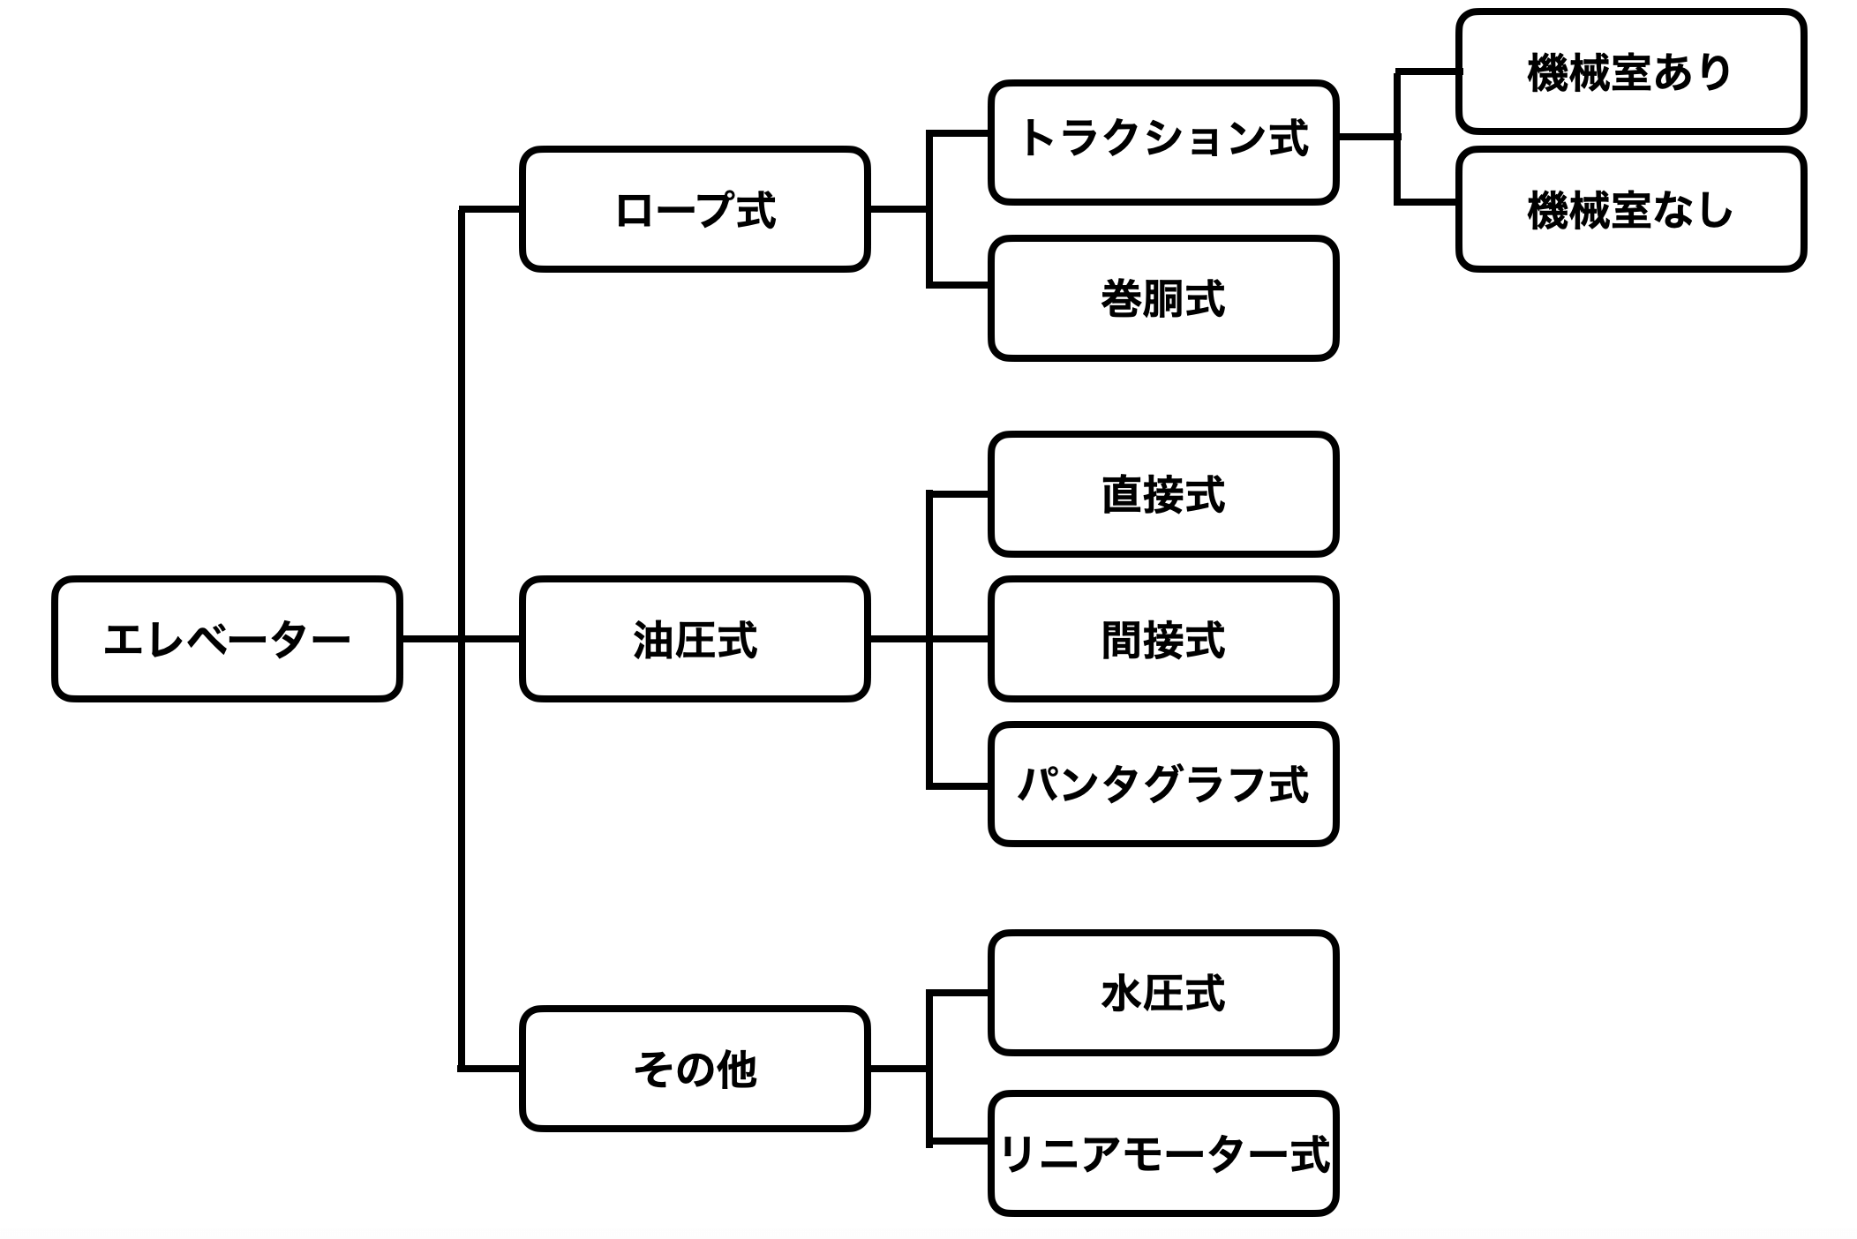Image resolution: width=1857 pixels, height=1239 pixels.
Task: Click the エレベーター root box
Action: point(227,639)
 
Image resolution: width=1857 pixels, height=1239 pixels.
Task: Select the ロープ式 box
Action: point(695,209)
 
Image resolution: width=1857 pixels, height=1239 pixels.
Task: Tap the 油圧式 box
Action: point(695,639)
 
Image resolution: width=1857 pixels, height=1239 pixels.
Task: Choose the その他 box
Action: point(695,1069)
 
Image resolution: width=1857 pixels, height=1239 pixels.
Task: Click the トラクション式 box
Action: point(1162,142)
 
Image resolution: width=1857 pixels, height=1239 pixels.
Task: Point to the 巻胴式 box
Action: point(1162,298)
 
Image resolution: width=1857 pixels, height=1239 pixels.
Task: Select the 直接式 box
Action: point(1162,494)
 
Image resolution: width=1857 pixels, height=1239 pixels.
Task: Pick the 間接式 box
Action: point(1162,639)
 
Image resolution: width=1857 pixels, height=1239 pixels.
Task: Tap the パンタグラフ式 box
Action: point(1162,785)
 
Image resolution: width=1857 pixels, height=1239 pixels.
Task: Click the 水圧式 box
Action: point(1162,993)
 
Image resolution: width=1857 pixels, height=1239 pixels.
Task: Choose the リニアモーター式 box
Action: point(1162,1153)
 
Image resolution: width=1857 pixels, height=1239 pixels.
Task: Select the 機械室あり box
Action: point(1630,71)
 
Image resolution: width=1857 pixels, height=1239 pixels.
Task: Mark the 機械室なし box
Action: point(1630,209)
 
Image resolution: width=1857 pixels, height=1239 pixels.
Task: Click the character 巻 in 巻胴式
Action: point(1122,298)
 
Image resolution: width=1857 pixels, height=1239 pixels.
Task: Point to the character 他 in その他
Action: point(736,1070)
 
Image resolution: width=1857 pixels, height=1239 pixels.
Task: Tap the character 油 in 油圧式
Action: point(654,640)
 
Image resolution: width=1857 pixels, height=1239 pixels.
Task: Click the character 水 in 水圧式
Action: point(1122,994)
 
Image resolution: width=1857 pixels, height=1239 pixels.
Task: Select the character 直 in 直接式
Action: point(1122,495)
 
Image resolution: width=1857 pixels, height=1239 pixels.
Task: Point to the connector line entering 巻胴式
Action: point(959,285)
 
